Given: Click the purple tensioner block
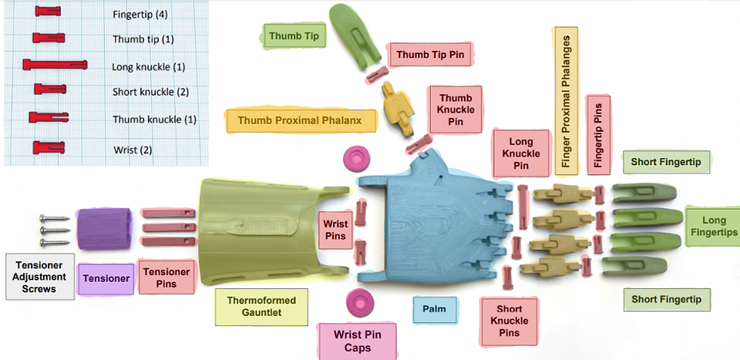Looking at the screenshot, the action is click(x=104, y=229).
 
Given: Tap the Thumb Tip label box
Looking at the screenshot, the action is click(x=294, y=36).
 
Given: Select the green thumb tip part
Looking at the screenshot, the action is click(x=355, y=36).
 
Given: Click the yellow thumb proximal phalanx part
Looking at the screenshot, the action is click(x=399, y=108).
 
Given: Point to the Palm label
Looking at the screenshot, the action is click(x=435, y=310).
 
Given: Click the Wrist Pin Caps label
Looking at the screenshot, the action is click(x=357, y=341).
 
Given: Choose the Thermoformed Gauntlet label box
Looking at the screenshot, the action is click(x=261, y=307).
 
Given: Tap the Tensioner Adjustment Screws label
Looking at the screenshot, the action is click(x=40, y=277).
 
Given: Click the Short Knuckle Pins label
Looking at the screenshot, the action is click(x=509, y=321).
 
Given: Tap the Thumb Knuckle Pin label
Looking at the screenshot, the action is click(x=455, y=110).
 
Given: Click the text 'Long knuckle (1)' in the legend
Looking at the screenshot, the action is click(x=148, y=66).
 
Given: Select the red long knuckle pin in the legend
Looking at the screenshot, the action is click(x=55, y=64).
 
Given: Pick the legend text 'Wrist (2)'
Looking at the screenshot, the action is click(x=133, y=150).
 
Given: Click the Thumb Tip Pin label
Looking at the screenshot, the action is click(x=430, y=55).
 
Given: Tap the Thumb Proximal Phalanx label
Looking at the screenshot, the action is click(x=300, y=120).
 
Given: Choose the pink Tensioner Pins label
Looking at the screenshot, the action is click(x=166, y=278).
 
